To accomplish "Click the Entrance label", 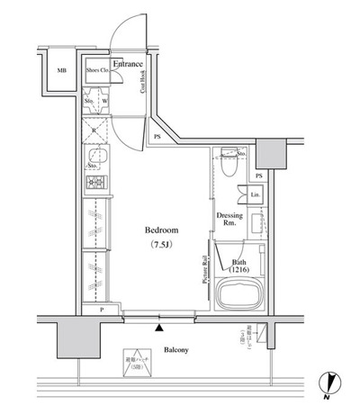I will [x=129, y=64].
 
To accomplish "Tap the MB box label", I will [x=62, y=71].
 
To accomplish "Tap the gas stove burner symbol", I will [x=96, y=184].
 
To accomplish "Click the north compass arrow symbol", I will [x=329, y=384].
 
